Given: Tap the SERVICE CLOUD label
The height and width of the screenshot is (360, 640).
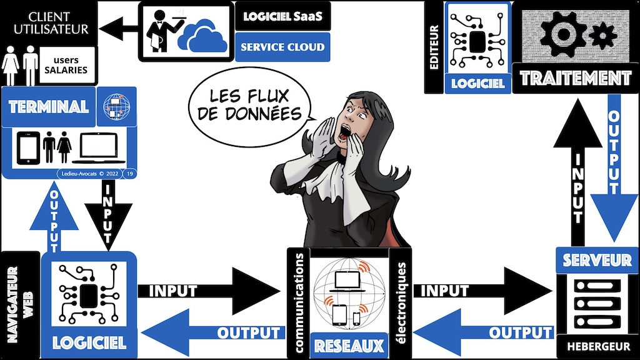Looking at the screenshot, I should coord(282,47).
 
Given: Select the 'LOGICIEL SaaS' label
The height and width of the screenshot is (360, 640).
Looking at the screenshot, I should coord(282,16).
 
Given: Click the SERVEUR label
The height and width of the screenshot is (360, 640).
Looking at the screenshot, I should coord(596,259).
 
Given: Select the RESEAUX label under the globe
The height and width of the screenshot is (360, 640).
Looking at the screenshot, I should coord(339,345).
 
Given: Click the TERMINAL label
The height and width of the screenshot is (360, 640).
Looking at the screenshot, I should coord(48,107).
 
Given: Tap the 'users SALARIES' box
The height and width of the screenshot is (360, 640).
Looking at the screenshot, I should coord(69,65).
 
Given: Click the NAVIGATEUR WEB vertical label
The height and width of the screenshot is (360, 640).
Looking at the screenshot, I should coord(18,303).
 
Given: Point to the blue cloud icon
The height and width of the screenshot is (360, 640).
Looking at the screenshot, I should coord(199,36).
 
